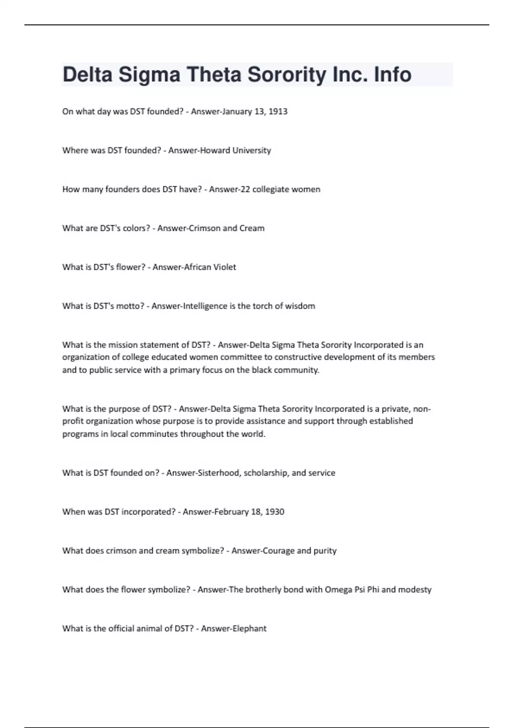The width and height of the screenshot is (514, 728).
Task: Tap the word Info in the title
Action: [392, 75]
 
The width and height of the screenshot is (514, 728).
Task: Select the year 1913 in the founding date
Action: [278, 111]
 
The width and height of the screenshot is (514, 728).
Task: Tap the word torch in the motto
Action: [264, 306]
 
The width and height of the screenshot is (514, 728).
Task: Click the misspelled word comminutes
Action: [154, 434]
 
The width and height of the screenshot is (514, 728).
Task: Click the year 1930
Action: [275, 512]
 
